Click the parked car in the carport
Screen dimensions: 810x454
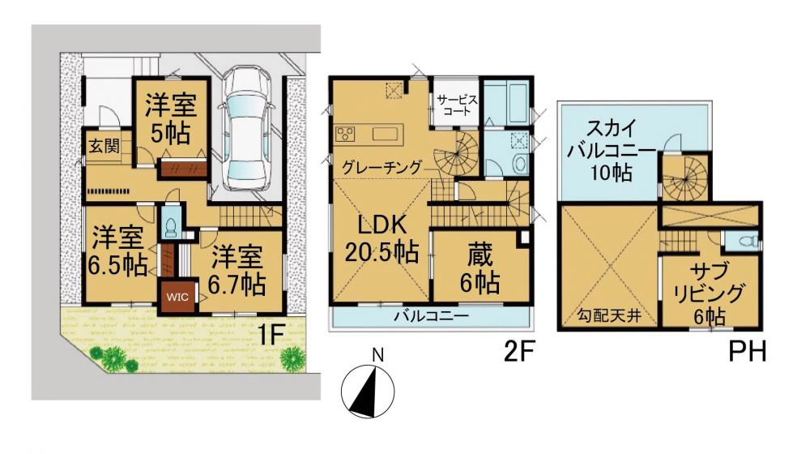tap(246, 128)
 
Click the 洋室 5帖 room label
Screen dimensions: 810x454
tap(170, 118)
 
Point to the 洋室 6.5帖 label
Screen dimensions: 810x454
tap(117, 252)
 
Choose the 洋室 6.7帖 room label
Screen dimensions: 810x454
tap(237, 269)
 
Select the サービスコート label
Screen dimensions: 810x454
tap(457, 105)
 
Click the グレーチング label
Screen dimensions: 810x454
tap(382, 168)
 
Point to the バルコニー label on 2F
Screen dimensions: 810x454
tap(432, 315)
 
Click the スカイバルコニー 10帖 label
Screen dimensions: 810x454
tap(612, 151)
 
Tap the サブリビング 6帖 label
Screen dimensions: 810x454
tap(710, 293)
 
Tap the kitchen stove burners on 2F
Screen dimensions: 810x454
tap(345, 134)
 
